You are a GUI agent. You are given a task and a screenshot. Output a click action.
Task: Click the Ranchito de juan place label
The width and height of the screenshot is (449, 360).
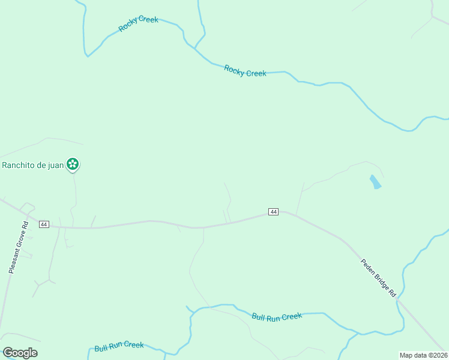(x=32, y=165)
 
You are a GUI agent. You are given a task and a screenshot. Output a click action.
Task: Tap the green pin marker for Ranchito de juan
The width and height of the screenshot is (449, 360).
(x=73, y=164)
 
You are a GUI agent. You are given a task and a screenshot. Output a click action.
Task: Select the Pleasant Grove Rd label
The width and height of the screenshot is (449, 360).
(x=18, y=248)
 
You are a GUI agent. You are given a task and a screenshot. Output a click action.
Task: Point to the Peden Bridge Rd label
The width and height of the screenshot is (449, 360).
(x=378, y=278)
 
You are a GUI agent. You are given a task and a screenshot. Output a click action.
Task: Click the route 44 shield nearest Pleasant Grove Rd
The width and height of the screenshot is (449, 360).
(x=43, y=224)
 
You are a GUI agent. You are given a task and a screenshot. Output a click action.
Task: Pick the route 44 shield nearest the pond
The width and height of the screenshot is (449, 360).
(x=274, y=212)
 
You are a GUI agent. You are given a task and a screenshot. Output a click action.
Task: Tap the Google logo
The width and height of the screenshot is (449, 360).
(x=20, y=353)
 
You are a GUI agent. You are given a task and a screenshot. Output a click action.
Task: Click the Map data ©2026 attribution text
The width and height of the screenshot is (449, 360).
(x=424, y=355)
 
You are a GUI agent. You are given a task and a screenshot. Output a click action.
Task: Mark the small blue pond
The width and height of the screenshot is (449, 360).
(x=375, y=182)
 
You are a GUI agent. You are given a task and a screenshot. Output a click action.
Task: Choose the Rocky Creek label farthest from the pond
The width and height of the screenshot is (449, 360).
(x=139, y=23)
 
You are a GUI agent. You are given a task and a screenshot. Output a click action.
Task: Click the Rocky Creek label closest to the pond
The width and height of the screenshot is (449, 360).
(x=245, y=71)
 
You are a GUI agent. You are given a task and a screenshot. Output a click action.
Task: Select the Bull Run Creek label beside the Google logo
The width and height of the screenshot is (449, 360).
(x=119, y=346)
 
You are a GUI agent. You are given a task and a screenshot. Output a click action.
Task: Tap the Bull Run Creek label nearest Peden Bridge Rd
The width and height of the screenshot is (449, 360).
(x=277, y=316)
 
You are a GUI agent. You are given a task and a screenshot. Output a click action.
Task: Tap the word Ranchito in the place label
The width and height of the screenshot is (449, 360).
(x=17, y=165)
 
